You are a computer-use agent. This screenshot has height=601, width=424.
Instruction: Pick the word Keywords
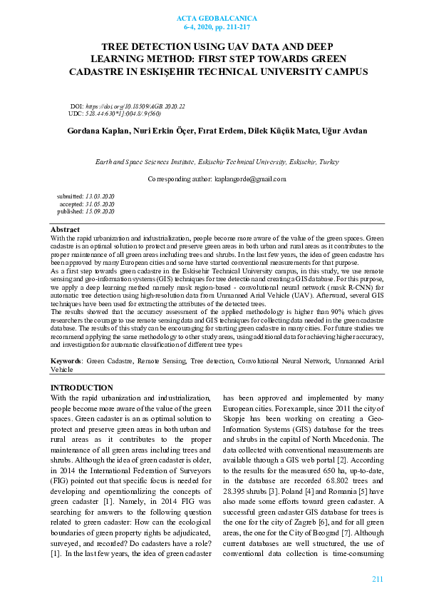(x=67, y=363)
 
